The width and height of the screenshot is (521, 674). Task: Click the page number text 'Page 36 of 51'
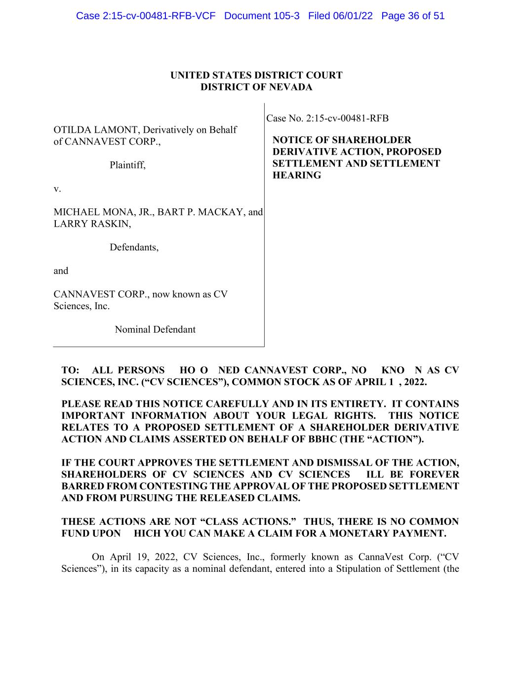[413, 16]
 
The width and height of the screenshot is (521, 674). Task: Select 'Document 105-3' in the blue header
[262, 16]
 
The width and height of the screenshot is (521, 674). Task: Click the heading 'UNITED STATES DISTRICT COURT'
[256, 76]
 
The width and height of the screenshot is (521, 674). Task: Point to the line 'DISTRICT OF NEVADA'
[256, 87]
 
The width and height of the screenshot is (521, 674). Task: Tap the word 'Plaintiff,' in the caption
[127, 165]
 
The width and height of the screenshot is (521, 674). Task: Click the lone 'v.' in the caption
[57, 189]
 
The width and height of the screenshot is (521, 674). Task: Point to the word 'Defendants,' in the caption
[134, 247]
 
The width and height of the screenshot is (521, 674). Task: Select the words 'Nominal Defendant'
[155, 330]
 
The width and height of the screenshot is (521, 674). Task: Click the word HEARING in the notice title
[297, 176]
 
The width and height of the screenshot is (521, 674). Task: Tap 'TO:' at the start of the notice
[70, 371]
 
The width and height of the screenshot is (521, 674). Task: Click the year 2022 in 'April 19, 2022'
[165, 557]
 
